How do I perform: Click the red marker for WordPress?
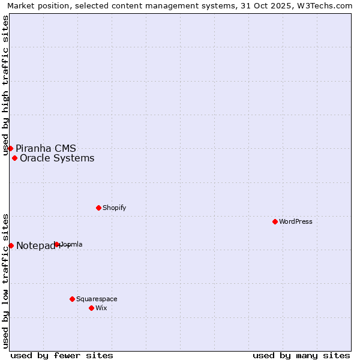pos(275,221)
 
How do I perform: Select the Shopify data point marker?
pos(98,208)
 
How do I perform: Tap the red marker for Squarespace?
pos(72,299)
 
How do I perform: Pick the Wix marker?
pos(91,308)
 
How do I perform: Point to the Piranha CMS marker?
pos(10,148)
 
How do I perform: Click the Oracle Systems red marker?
pos(14,158)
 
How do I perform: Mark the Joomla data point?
pos(57,244)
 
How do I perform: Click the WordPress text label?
pos(296,221)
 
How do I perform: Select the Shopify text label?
pos(114,208)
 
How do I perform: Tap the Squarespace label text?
pos(97,299)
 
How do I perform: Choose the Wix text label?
pos(101,308)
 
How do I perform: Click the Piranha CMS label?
pos(46,148)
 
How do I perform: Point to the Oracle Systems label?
pos(57,158)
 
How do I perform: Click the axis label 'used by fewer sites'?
pos(62,355)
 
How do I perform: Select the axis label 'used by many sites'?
pos(301,355)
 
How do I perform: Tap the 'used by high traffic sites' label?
pos(6,85)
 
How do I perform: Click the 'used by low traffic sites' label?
pos(6,280)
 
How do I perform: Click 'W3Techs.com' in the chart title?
pos(327,6)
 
